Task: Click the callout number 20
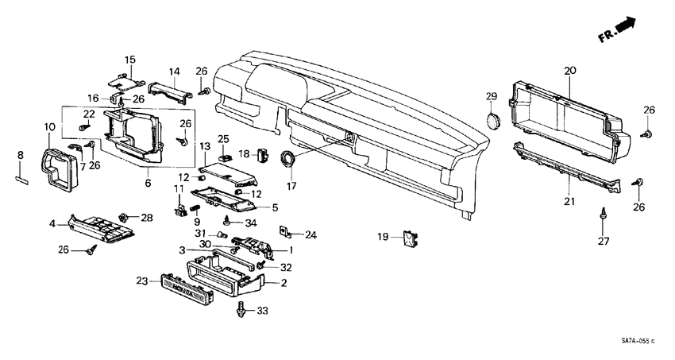tap(569, 71)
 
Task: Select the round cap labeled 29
tap(492, 121)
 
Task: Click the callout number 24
tap(310, 234)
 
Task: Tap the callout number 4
tap(52, 224)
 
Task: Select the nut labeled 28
tap(124, 216)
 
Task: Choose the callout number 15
tap(130, 60)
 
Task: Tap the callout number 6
tap(148, 183)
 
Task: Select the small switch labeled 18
tap(264, 153)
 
